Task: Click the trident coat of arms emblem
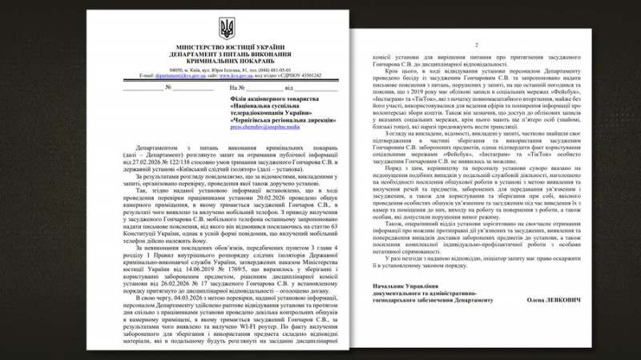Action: coord(228,30)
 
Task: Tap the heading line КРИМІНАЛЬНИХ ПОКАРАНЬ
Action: coord(228,61)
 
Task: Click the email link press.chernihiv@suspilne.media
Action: coord(263,127)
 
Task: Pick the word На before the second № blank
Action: coord(233,87)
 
